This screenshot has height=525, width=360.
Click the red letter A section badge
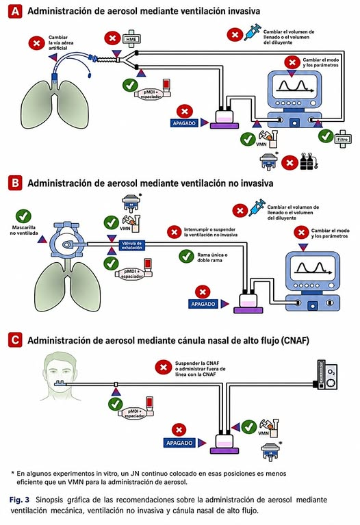point(16,12)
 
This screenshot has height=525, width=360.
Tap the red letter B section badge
point(16,183)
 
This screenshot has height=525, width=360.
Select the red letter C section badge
point(16,340)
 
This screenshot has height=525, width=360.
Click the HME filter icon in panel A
point(131,39)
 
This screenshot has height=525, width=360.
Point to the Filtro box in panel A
point(343,139)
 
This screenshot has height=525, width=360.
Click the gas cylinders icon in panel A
point(309,162)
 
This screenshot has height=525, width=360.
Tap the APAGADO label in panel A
point(184,123)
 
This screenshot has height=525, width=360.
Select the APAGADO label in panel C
point(179,443)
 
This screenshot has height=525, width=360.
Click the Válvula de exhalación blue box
point(132,246)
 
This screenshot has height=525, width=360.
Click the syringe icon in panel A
point(253,32)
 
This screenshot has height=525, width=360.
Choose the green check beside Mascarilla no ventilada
point(23,216)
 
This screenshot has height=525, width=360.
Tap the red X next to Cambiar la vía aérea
point(36,43)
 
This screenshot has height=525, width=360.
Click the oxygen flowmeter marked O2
point(326,374)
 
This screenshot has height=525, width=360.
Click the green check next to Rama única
point(187,257)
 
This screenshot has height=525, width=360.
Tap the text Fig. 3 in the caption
point(19,500)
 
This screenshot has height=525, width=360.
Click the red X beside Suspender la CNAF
point(164,368)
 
